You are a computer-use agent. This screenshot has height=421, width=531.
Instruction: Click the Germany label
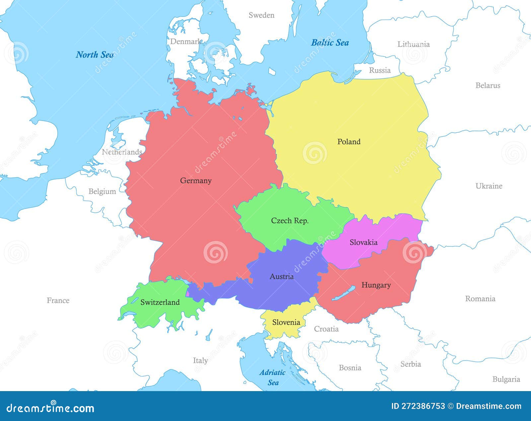point(195,180)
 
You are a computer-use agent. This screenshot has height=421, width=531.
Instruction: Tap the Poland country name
point(348,142)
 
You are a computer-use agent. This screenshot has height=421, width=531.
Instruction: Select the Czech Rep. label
point(290,221)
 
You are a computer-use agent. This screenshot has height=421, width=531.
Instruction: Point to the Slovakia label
point(363,242)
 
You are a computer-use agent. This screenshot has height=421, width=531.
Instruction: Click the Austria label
point(281,276)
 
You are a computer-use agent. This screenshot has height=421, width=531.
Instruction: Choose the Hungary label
point(376,285)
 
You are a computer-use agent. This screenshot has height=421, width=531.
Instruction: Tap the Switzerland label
point(160,302)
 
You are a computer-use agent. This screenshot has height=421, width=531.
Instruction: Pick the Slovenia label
point(286,322)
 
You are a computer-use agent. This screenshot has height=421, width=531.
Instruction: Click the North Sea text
point(95,54)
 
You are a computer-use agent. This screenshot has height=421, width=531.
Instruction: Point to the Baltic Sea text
point(330,43)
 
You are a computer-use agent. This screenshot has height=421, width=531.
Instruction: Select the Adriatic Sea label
point(272,377)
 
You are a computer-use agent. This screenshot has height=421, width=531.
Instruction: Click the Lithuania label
point(414,44)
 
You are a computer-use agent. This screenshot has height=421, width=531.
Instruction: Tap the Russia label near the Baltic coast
point(380,70)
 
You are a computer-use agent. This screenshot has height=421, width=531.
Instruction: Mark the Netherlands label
point(122,152)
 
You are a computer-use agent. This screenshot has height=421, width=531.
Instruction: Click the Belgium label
point(102,191)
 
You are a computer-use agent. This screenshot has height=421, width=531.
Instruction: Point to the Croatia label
point(326,329)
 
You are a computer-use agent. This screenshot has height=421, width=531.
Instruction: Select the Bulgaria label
point(506,379)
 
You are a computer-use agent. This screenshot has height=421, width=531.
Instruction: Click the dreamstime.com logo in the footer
point(50,408)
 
